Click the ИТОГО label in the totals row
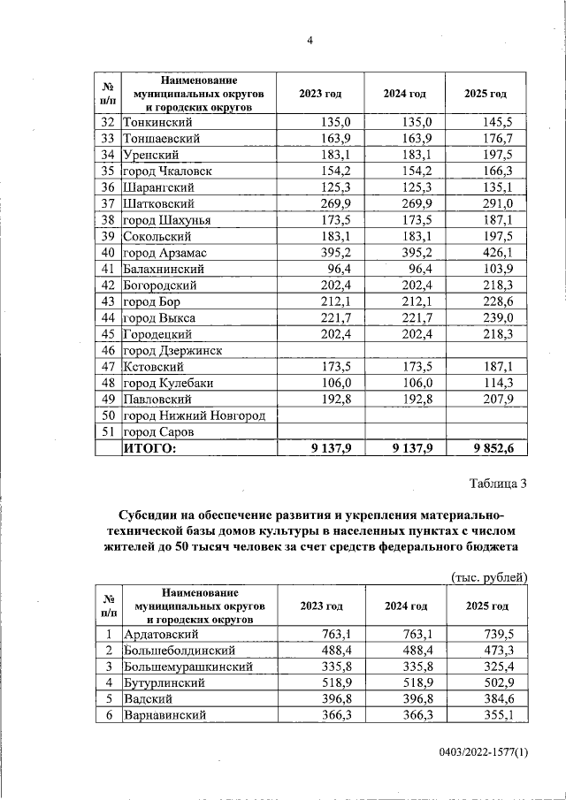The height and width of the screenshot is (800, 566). point(149,449)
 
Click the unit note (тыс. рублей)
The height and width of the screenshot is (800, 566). point(489,576)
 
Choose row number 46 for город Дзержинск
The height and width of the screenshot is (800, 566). point(108,351)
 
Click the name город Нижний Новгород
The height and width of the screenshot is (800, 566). point(194,415)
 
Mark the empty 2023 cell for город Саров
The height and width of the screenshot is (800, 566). point(319,432)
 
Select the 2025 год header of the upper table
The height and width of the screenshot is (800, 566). point(486,95)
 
